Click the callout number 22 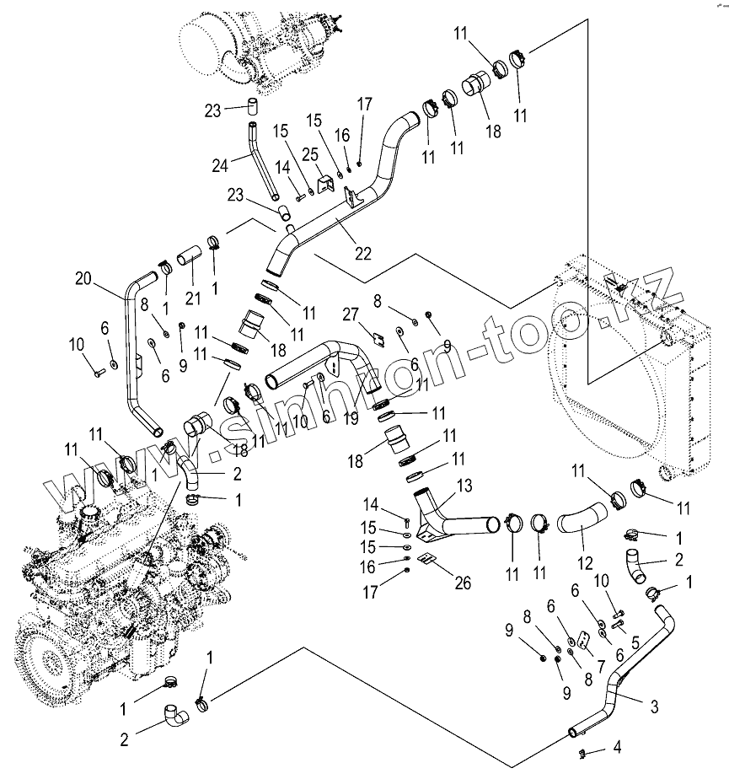click(x=363, y=254)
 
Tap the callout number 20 click(x=83, y=278)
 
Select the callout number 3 click(x=655, y=706)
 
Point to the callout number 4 click(x=617, y=747)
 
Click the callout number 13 click(x=635, y=643)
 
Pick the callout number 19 click(x=351, y=418)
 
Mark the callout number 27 click(x=351, y=314)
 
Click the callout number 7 click(x=602, y=666)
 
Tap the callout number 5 click(x=635, y=643)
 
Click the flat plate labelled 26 click(x=425, y=559)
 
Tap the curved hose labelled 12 click(x=582, y=521)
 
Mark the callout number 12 click(x=585, y=563)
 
